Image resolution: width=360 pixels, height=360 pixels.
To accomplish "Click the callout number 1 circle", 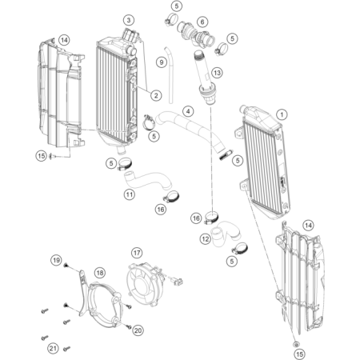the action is (x=282, y=114).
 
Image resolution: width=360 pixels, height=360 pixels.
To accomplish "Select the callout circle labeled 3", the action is (x=129, y=20).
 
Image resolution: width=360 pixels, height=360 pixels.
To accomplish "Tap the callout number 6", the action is (x=202, y=22).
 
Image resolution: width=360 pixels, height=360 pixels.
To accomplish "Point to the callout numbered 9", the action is (x=162, y=62).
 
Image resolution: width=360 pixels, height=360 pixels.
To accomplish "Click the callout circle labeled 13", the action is (x=217, y=73).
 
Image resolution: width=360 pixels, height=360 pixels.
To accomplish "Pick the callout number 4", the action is (x=188, y=111).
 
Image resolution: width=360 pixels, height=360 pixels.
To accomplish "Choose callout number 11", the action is (x=130, y=194).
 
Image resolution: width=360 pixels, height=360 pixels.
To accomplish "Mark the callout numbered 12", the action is (x=206, y=239).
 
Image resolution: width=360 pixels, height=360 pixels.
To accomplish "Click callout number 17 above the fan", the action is (x=137, y=253).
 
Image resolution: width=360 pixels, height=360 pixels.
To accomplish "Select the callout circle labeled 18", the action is (x=100, y=273).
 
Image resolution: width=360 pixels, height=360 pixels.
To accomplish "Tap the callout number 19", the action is (x=56, y=260).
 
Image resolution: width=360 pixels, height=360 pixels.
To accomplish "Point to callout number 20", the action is (x=138, y=330).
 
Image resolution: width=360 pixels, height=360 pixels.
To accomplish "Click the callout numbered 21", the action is (x=53, y=348).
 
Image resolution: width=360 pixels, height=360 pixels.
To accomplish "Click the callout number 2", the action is (x=156, y=95).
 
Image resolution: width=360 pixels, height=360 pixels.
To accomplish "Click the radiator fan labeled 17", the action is (x=145, y=285).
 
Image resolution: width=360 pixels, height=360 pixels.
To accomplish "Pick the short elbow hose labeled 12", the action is (x=226, y=233).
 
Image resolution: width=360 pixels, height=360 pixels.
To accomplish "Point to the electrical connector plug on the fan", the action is (x=177, y=281).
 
